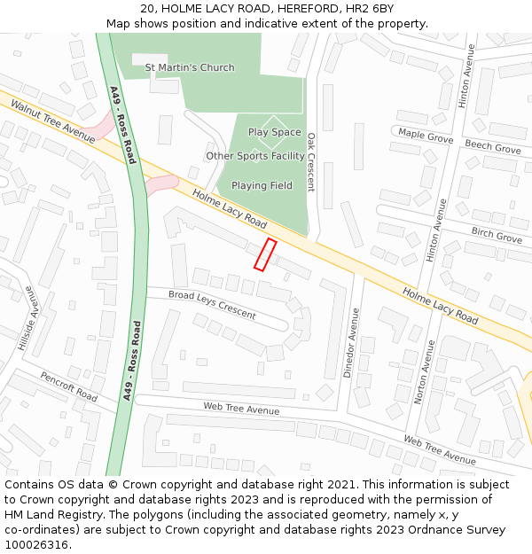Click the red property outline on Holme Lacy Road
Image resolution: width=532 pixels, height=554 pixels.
click(x=265, y=254)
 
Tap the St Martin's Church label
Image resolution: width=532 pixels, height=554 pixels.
click(x=190, y=67)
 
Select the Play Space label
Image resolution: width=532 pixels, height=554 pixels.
click(x=274, y=132)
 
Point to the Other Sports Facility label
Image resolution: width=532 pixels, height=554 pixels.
click(x=255, y=156)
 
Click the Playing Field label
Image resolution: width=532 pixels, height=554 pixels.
click(x=262, y=185)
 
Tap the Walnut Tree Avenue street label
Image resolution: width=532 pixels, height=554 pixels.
click(x=52, y=121)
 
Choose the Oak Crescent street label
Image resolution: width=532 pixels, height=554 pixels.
click(x=310, y=162)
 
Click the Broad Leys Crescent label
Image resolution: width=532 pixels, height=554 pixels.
click(x=212, y=305)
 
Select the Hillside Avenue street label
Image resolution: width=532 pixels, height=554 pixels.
click(x=29, y=318)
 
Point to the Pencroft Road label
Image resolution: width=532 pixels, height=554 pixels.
click(x=68, y=386)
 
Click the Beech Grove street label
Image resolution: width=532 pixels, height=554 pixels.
click(x=493, y=147)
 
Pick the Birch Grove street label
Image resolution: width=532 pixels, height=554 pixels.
click(x=497, y=237)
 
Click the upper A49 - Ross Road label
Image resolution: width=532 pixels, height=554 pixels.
click(x=122, y=124)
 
